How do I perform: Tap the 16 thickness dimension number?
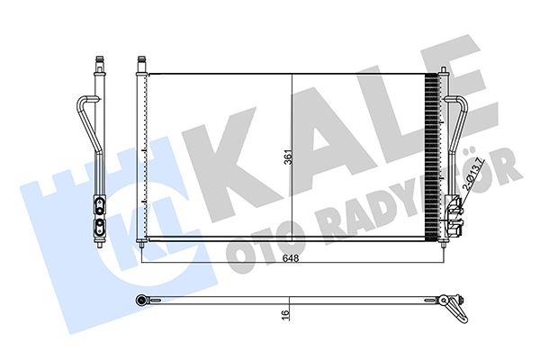point(284,315)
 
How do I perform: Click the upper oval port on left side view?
point(98,202)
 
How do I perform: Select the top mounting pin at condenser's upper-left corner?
point(140,63)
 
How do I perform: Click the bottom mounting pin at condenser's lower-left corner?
point(140,243)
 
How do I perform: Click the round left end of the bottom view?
point(141,298)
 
